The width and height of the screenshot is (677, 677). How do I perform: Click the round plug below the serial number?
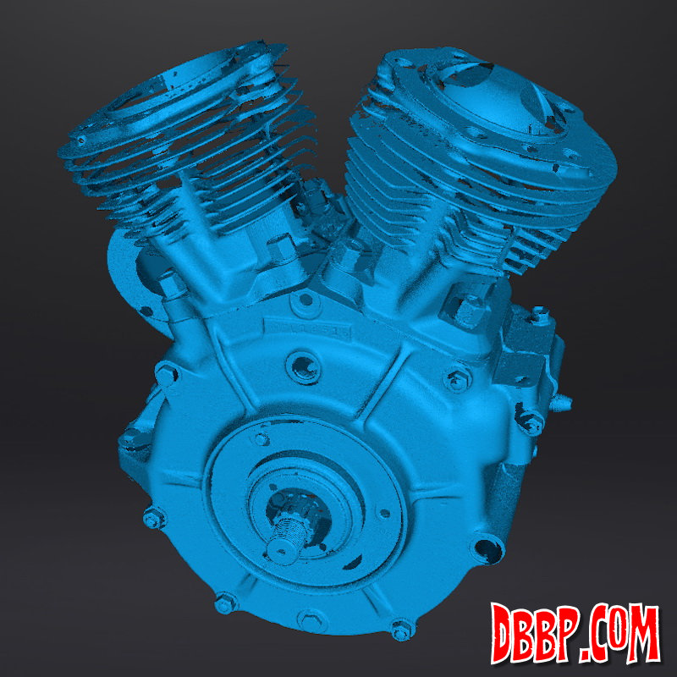(x=304, y=367)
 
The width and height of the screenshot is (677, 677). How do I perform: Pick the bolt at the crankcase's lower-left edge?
(x=154, y=517)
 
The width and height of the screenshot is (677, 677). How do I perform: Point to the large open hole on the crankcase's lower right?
(x=488, y=549)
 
